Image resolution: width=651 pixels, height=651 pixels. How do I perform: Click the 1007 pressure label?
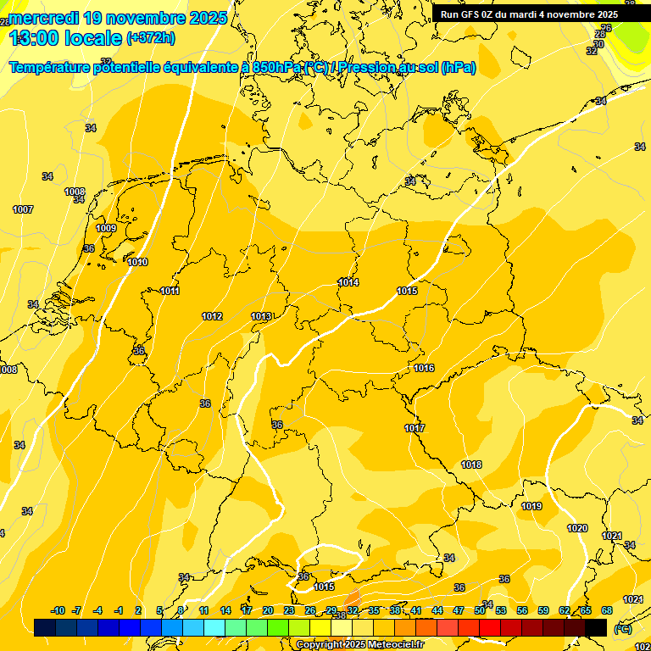[x=23, y=209]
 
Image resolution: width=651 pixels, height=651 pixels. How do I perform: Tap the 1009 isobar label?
[x=106, y=229]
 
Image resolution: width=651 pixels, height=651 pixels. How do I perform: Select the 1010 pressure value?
[x=137, y=262]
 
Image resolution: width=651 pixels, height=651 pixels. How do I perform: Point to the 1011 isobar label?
[x=170, y=292]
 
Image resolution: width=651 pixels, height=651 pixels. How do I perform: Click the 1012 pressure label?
[x=212, y=316]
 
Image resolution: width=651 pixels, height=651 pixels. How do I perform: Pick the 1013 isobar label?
[x=261, y=316]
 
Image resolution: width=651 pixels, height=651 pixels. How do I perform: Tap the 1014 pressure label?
[x=348, y=282]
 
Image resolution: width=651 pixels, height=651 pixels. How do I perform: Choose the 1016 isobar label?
[x=424, y=368]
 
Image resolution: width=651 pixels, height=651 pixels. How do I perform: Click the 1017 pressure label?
[x=415, y=428]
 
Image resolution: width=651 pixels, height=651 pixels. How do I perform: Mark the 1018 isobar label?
[x=471, y=465]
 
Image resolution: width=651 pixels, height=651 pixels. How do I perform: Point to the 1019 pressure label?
[x=531, y=506]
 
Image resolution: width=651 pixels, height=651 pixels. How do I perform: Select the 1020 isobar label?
[x=577, y=528]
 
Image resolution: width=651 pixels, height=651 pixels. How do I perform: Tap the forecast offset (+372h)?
[x=151, y=38]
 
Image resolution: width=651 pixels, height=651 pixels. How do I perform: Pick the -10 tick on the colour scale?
[x=58, y=610]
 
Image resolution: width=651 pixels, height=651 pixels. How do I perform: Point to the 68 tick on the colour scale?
[x=606, y=610]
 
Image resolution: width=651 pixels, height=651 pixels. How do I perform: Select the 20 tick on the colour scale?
[x=268, y=610]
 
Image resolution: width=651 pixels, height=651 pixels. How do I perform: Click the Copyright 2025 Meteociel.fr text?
[x=360, y=645]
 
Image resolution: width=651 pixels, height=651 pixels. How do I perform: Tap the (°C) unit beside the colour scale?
[x=622, y=628]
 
